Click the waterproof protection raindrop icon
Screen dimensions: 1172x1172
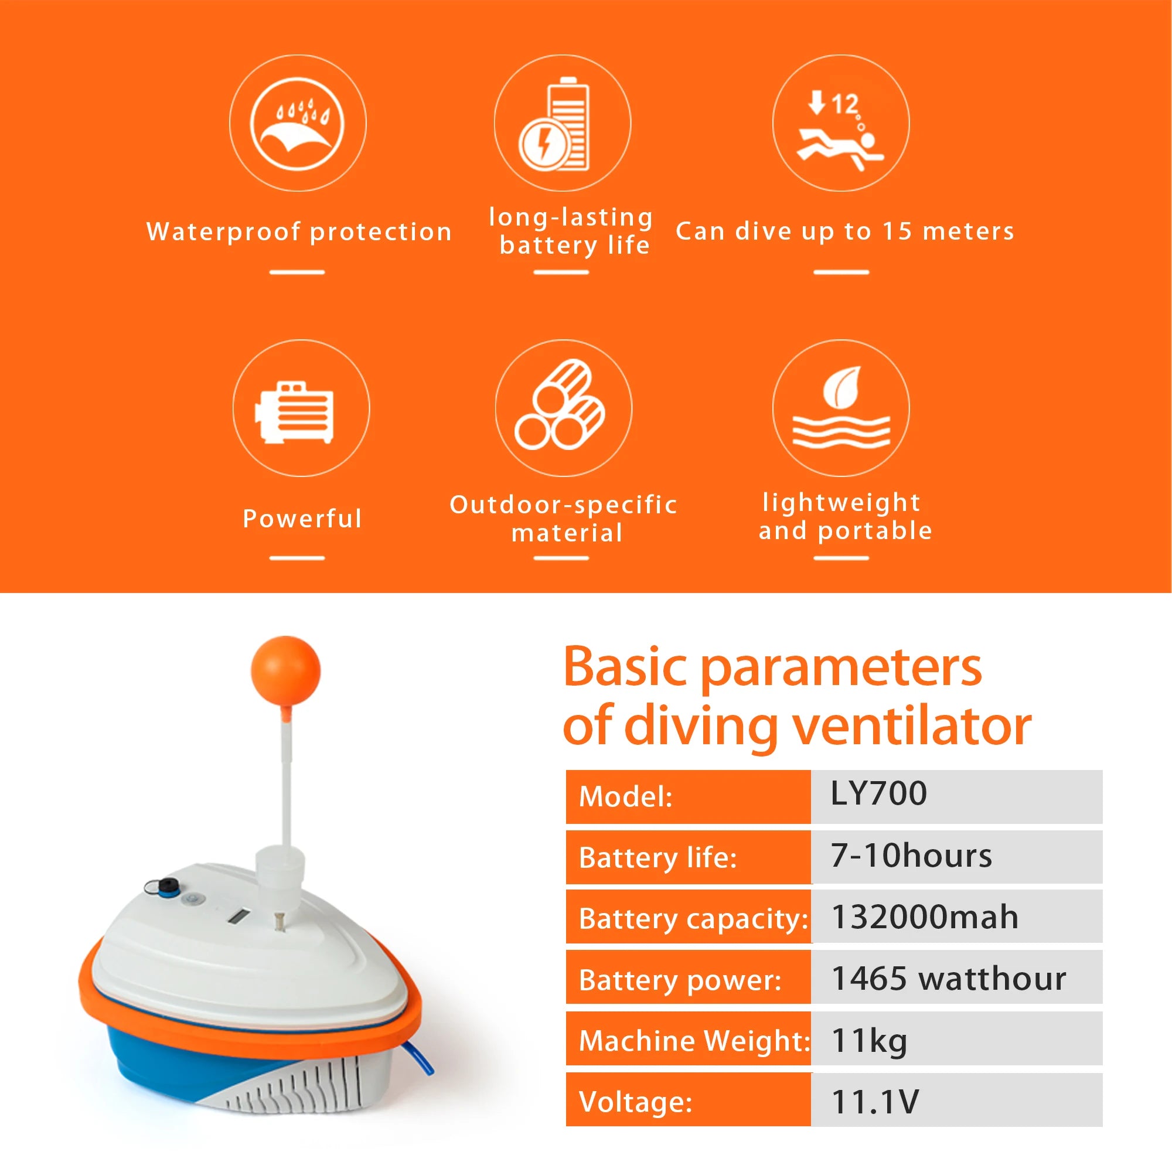[297, 124]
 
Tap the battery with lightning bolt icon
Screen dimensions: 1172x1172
[562, 124]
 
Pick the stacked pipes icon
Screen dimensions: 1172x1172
[562, 406]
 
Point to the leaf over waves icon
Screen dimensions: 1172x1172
[841, 408]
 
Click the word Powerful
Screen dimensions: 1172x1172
[302, 519]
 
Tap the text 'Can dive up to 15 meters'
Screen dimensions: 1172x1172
[844, 231]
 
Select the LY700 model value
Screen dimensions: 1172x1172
[878, 793]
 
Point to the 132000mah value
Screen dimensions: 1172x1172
[925, 917]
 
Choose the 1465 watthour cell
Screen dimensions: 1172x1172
[948, 979]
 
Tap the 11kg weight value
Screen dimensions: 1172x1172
[868, 1040]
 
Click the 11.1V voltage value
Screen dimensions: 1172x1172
[875, 1102]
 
